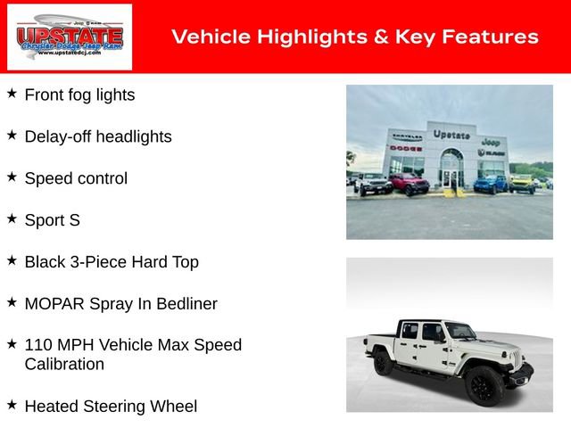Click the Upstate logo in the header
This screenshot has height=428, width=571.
[x=70, y=37]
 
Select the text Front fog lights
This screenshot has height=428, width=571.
[x=79, y=95]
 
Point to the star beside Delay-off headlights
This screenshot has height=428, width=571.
[x=12, y=135]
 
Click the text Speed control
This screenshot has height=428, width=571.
[x=76, y=178]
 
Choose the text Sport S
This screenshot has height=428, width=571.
[x=52, y=220]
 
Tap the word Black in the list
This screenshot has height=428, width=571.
[x=45, y=262]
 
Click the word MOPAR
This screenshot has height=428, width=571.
[x=54, y=304]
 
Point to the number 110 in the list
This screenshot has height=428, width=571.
[x=39, y=345]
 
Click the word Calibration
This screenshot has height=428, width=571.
[x=64, y=365]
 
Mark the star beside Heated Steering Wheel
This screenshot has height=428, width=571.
[x=12, y=405]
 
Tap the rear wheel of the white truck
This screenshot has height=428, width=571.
[x=384, y=363]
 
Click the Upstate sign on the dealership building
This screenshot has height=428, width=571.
[x=451, y=135]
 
